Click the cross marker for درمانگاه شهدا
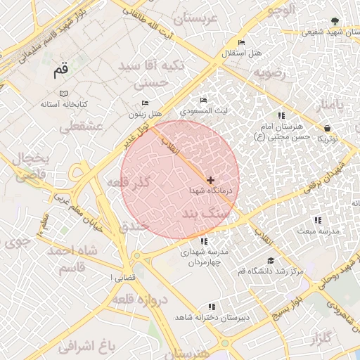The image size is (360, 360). [210, 180]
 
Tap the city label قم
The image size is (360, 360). [61, 70]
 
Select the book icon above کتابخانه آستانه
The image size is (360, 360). [64, 94]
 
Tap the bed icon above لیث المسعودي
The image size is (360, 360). [204, 101]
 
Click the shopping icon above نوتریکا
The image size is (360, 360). [328, 128]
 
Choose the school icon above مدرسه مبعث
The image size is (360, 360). [318, 220]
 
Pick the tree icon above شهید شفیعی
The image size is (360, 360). [334, 21]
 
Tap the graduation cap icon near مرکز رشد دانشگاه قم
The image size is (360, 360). [251, 261]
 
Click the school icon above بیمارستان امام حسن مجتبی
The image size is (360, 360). [281, 115]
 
